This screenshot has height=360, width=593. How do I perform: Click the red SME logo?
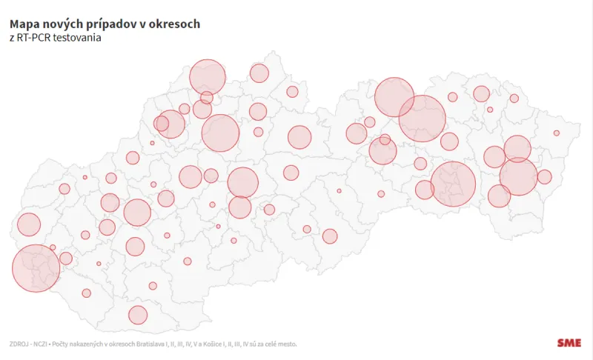click(x=569, y=343)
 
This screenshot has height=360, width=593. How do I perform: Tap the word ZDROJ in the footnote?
click(x=19, y=344)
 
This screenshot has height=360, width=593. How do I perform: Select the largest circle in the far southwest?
click(x=36, y=268)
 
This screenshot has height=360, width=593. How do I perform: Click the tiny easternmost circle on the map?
click(x=557, y=133)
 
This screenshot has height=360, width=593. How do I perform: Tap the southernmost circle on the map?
click(x=138, y=315)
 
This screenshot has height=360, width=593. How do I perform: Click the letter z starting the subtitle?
click(x=11, y=39)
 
